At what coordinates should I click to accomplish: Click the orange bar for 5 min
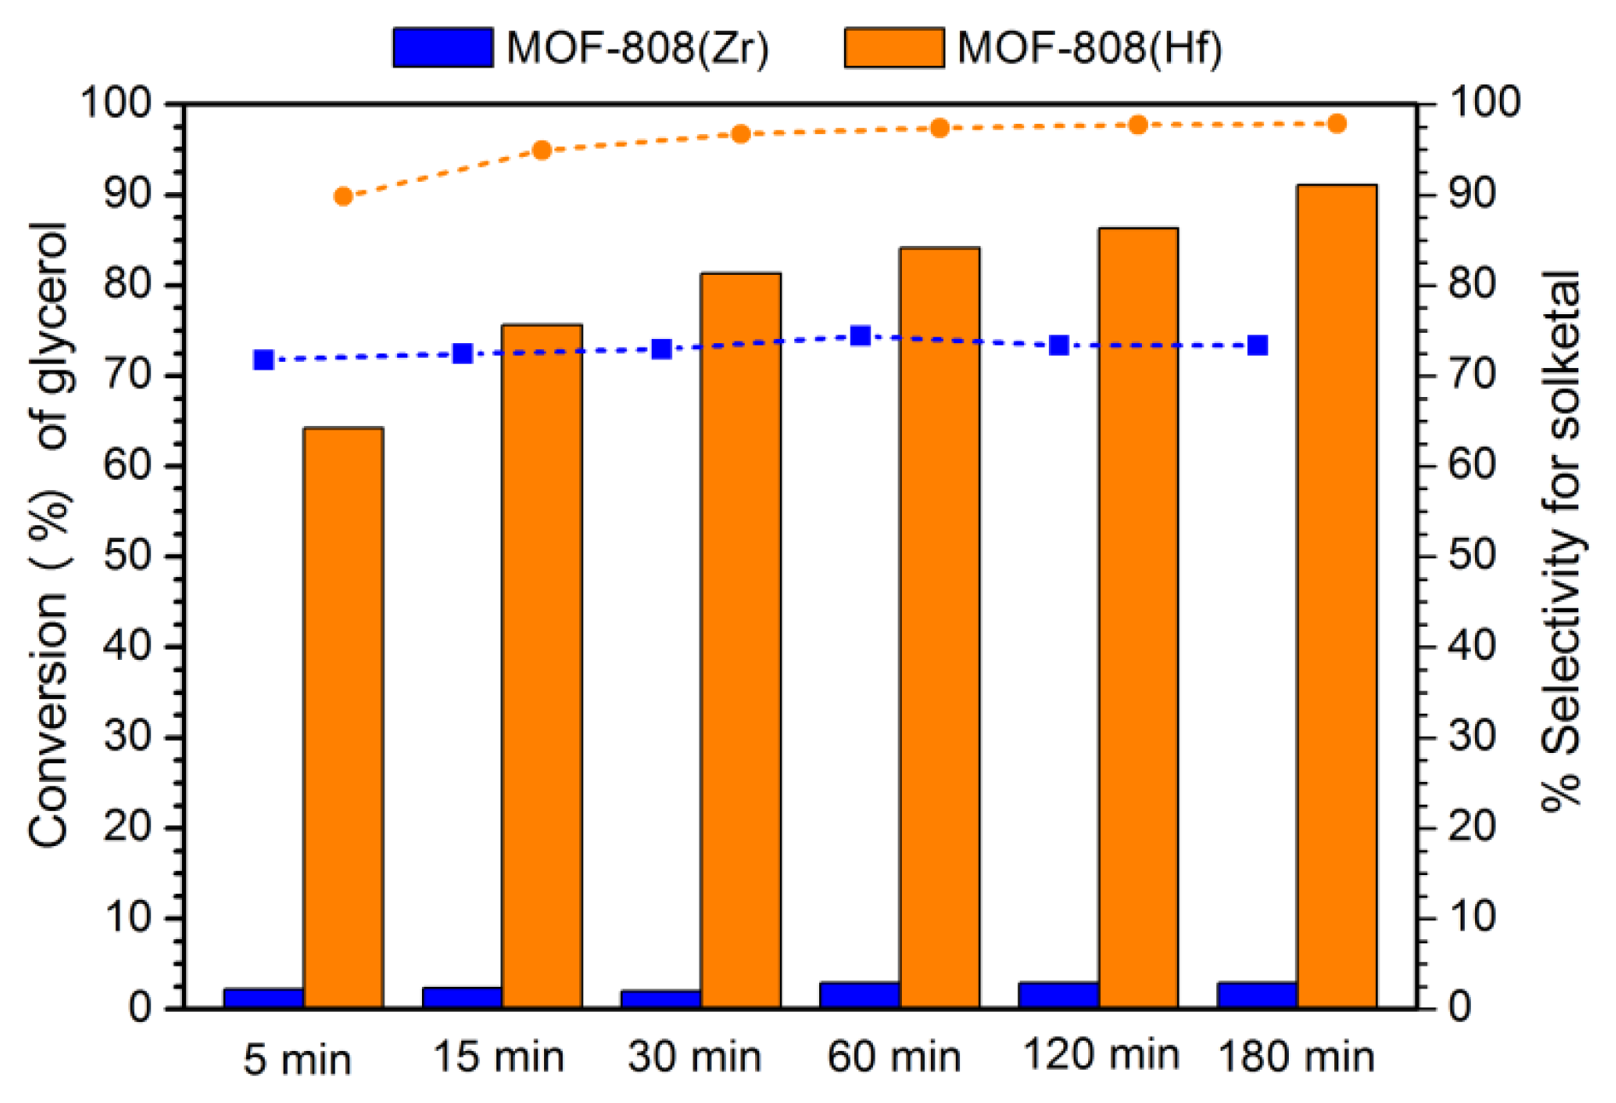343,717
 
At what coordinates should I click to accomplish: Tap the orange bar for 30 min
741,640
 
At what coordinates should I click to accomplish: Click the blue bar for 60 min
859,995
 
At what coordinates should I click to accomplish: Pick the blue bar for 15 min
462,997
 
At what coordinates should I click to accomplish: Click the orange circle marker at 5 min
343,197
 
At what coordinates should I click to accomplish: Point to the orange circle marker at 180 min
1338,125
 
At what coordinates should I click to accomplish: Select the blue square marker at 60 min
861,336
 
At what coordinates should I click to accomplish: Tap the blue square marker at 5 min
264,360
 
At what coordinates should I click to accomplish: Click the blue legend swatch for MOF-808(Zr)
442,48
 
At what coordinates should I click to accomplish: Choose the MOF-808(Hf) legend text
1090,48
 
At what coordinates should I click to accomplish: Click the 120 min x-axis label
1101,1055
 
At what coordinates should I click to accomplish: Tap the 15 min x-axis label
499,1057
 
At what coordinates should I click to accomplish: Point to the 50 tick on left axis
128,557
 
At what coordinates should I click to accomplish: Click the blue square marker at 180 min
1258,346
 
